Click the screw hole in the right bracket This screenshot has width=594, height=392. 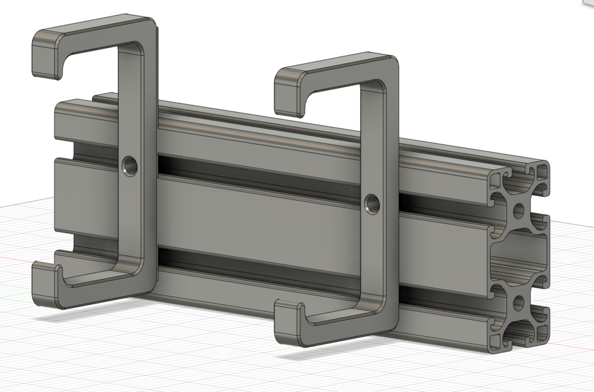tap(372, 203)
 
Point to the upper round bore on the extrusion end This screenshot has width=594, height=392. tap(518, 210)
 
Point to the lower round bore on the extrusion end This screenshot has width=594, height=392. tap(518, 302)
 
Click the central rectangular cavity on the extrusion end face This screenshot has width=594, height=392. tap(519, 256)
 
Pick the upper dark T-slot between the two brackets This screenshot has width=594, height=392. tap(261, 180)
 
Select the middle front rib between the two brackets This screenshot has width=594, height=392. tap(261, 221)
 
